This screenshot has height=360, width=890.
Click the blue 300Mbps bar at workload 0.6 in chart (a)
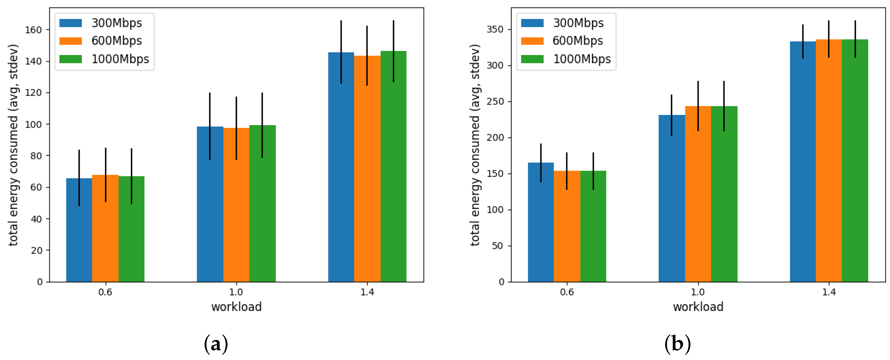[x=79, y=242]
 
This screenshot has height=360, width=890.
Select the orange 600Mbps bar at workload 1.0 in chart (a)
[x=236, y=214]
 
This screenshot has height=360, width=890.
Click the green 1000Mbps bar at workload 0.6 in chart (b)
[x=593, y=235]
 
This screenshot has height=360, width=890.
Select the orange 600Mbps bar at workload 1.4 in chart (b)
[x=828, y=173]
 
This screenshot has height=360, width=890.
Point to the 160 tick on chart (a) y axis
[x=33, y=30]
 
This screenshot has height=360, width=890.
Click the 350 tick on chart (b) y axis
[x=495, y=29]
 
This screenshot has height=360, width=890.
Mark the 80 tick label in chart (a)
[x=36, y=156]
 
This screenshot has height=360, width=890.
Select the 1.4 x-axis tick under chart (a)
[x=367, y=292]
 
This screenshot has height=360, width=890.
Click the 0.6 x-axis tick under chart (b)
[x=567, y=292]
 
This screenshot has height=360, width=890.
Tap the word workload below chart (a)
[x=236, y=307]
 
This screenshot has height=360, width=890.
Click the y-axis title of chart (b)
[x=475, y=145]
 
